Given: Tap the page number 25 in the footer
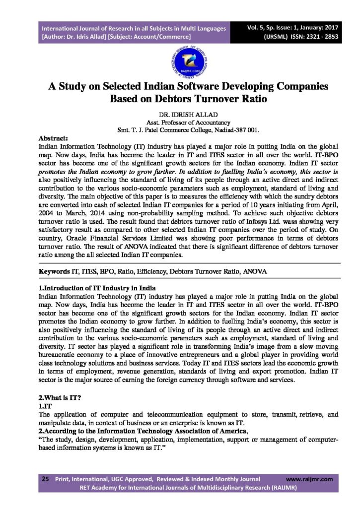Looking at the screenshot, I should pos(45,479).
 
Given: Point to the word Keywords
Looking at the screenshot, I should pos(55,272).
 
